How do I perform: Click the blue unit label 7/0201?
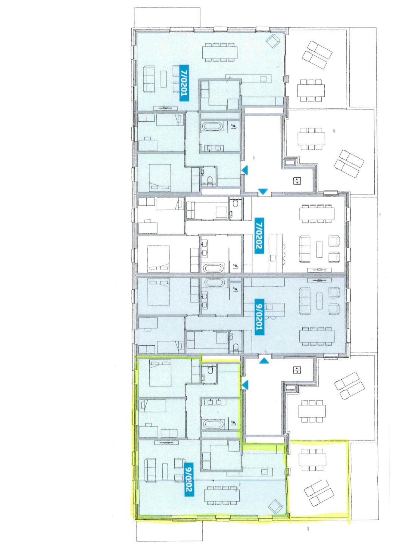click(184, 83)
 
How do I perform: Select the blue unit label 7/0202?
click(259, 236)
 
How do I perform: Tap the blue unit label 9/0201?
click(259, 316)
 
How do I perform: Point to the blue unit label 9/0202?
click(188, 479)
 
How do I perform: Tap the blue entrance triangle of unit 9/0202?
click(245, 385)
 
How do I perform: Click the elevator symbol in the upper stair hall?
click(297, 181)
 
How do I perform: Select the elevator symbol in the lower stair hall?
click(297, 370)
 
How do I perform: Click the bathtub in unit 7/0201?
click(212, 127)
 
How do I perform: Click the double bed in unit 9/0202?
click(160, 373)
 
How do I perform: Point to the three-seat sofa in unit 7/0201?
click(149, 79)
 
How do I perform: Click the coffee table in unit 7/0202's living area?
click(319, 249)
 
